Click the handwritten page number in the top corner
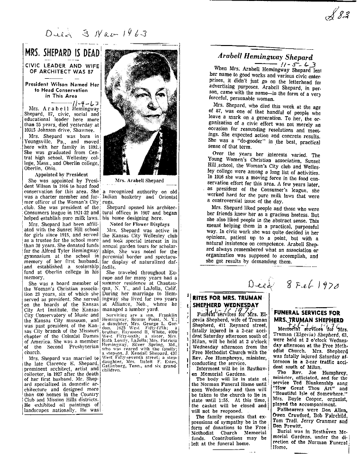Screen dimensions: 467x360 tap(340, 18)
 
